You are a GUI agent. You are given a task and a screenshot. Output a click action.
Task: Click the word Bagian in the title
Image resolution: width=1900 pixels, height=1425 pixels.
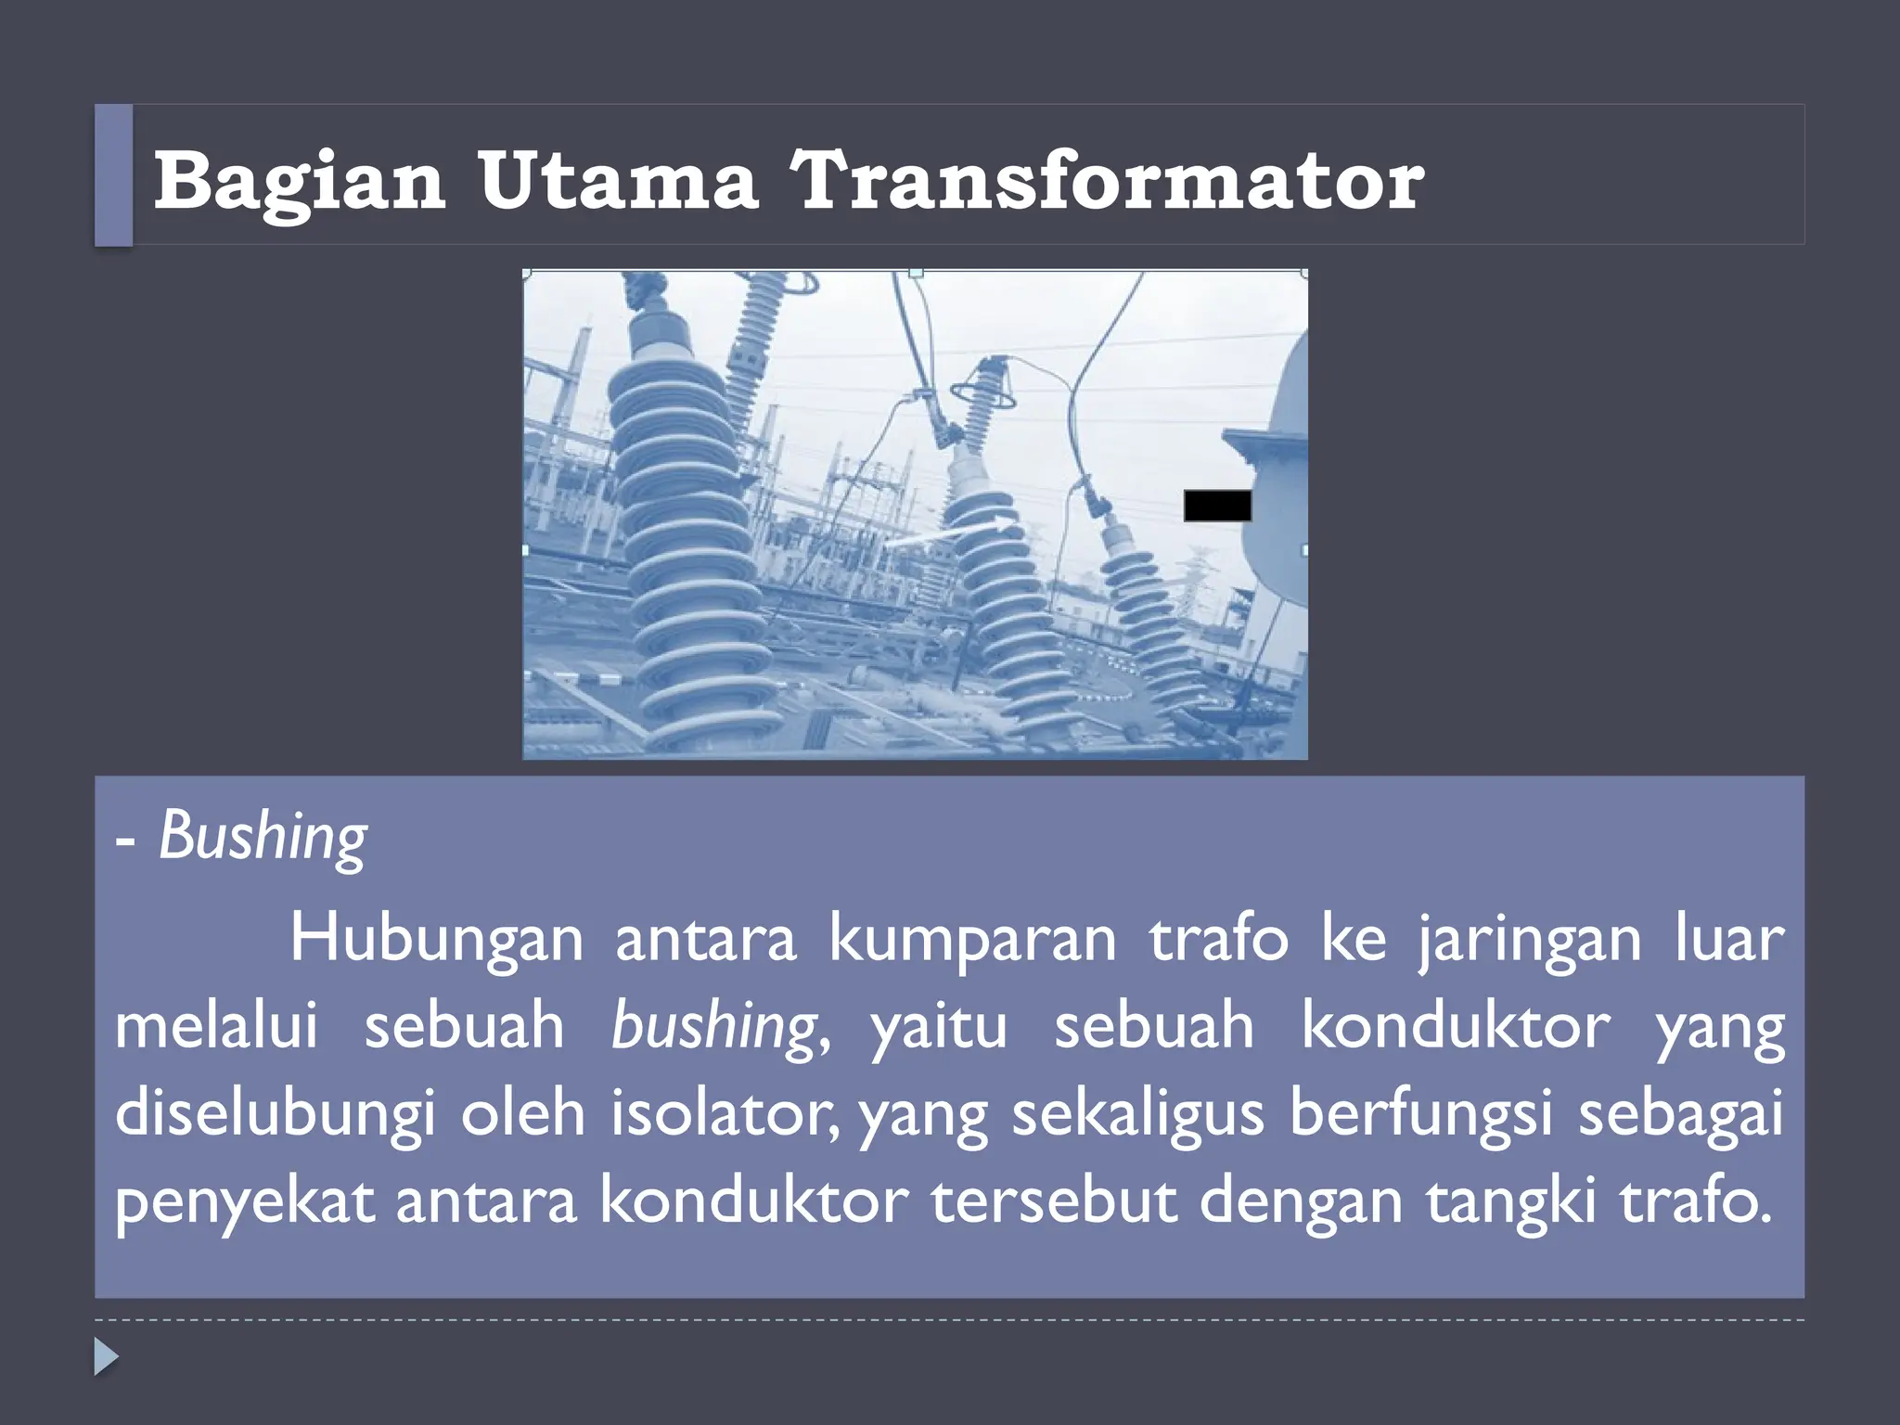coord(299,181)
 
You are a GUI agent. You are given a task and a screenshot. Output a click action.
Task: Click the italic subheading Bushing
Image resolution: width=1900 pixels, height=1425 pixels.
coord(263,837)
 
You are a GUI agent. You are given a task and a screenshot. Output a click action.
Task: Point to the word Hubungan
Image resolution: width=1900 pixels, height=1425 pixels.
coord(436,939)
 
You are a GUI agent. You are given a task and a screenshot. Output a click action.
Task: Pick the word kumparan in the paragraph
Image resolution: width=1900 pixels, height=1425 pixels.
coord(972,939)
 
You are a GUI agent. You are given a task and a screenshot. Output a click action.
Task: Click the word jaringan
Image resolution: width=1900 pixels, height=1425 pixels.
coord(1529,939)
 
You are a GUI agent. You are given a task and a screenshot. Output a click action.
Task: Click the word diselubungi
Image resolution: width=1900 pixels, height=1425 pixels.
coord(275,1113)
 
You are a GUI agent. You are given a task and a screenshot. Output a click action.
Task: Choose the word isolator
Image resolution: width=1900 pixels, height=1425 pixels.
coord(724,1112)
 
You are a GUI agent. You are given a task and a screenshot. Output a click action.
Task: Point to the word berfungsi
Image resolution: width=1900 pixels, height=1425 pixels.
coord(1420,1112)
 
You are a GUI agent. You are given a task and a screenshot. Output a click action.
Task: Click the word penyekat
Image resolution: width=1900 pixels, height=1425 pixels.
coord(245,1200)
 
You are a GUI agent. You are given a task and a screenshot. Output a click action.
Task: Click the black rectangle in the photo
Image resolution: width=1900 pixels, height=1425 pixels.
coord(1217,506)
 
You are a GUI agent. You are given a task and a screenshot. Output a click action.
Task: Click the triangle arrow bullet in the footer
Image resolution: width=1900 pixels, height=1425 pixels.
coord(106,1356)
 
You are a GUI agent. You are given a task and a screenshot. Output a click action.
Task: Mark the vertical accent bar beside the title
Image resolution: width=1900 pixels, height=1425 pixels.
coord(113,175)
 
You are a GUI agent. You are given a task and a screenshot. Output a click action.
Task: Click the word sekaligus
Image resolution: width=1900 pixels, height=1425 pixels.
coord(1137,1112)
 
